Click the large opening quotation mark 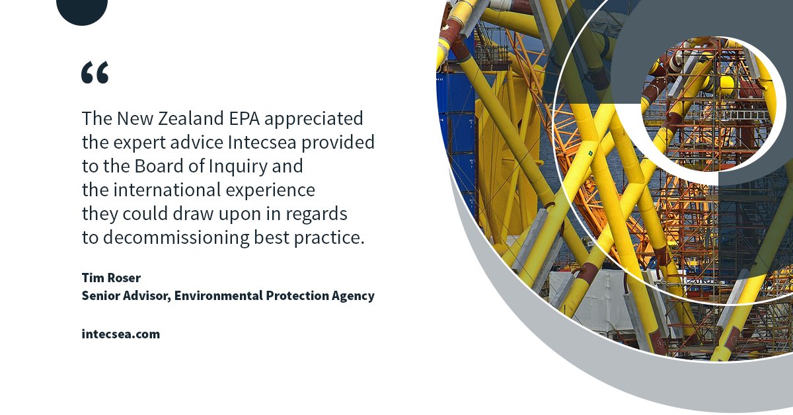point(94,73)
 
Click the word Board point(147,166)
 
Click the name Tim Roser point(110,278)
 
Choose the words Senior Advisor point(126,296)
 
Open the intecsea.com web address point(120,334)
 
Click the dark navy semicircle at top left point(82,9)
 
